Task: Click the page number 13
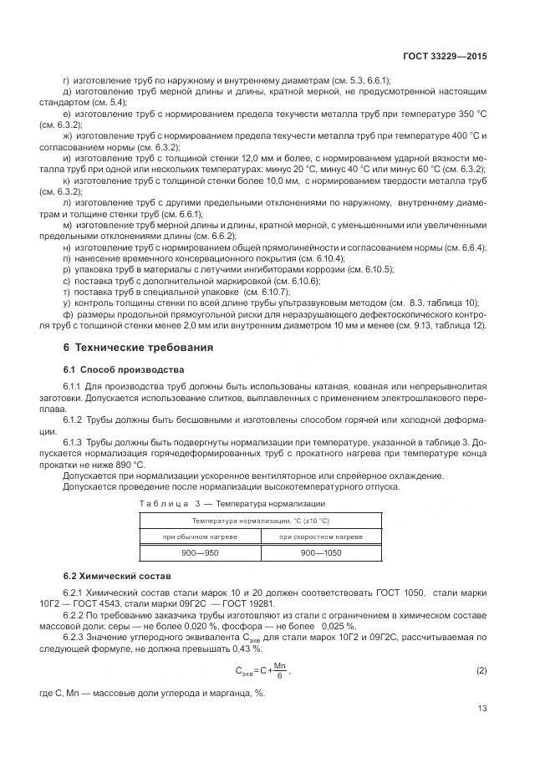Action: point(481,708)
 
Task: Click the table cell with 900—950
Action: point(200,552)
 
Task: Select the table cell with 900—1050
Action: point(321,552)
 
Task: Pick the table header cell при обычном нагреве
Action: point(200,536)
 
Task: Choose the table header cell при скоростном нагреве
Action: point(321,536)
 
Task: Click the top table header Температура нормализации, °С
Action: point(260,520)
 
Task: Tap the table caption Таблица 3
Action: point(167,504)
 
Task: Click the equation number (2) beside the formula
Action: point(481,671)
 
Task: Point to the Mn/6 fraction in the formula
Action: point(281,671)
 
